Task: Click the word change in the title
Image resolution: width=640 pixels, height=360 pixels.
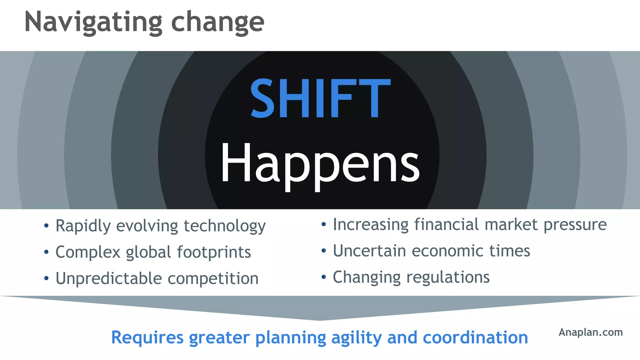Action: [x=217, y=22]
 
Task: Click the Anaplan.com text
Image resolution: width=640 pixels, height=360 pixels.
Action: [x=590, y=332]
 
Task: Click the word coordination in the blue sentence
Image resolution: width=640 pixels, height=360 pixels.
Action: [x=475, y=337]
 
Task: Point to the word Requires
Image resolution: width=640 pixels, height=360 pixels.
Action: [x=147, y=337]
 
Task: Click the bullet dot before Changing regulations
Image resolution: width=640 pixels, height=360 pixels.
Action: [x=324, y=277]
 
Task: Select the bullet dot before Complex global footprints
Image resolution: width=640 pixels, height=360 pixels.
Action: [x=46, y=252]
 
